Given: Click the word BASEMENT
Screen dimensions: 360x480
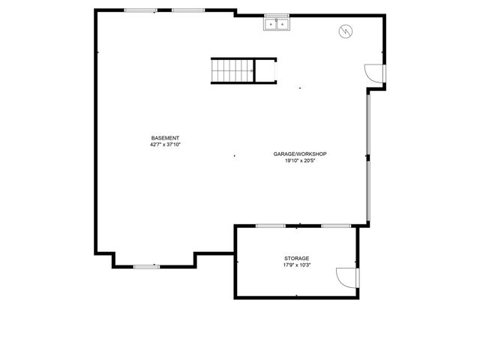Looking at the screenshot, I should (165, 138).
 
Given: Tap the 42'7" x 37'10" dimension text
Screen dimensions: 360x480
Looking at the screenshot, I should (165, 144).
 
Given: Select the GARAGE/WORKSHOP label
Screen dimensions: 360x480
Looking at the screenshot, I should (300, 154).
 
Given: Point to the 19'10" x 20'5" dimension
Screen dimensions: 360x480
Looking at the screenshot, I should (300, 160).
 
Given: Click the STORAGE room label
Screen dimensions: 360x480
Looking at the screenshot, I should (297, 259).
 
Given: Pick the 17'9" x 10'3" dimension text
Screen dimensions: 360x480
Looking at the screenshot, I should (297, 265).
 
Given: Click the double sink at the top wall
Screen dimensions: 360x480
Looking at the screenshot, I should (277, 25).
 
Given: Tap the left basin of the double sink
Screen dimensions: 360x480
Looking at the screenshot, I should (271, 25).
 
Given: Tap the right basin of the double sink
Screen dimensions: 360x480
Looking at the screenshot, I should (282, 25).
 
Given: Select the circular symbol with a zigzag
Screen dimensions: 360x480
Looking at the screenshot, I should (345, 31).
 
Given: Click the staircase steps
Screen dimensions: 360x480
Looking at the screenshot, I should (232, 70).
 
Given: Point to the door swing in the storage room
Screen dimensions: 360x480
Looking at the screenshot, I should (347, 277).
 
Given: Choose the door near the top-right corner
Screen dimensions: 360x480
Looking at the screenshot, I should (374, 73).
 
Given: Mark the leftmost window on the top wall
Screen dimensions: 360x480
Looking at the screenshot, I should (140, 10).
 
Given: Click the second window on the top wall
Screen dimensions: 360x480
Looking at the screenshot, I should (187, 10).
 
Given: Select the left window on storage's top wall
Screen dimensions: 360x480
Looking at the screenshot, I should (270, 226).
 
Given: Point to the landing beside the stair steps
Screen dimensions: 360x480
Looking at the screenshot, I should (265, 70).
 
